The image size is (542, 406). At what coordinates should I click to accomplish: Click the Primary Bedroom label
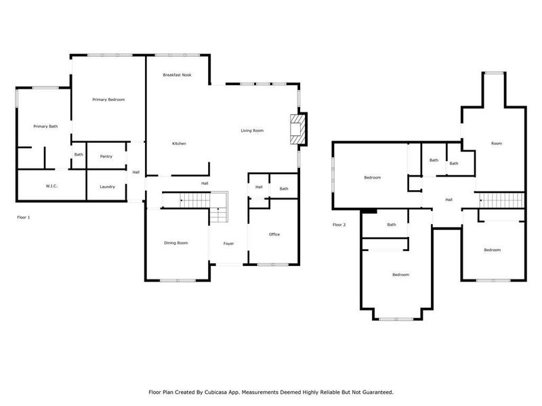(x=108, y=99)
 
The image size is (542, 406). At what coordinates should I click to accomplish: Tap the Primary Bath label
(x=45, y=127)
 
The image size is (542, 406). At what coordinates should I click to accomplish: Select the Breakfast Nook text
(x=177, y=74)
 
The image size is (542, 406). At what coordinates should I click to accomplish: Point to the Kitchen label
(x=179, y=143)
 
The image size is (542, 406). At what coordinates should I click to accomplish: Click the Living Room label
(x=252, y=131)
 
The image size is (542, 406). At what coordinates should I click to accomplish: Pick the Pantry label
(x=106, y=156)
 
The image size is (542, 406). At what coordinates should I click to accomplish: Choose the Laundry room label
(x=107, y=187)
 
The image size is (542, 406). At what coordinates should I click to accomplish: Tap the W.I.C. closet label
(x=51, y=186)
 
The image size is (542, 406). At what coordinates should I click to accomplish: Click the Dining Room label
(x=175, y=243)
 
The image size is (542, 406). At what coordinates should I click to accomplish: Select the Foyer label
(x=228, y=243)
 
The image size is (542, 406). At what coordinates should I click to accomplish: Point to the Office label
(x=274, y=234)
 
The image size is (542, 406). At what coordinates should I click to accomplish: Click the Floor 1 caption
(x=24, y=217)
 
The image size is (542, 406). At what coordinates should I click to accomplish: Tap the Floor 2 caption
(x=339, y=225)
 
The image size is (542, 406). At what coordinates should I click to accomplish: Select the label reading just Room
(x=497, y=143)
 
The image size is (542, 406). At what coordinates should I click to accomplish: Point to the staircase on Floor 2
(x=502, y=200)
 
